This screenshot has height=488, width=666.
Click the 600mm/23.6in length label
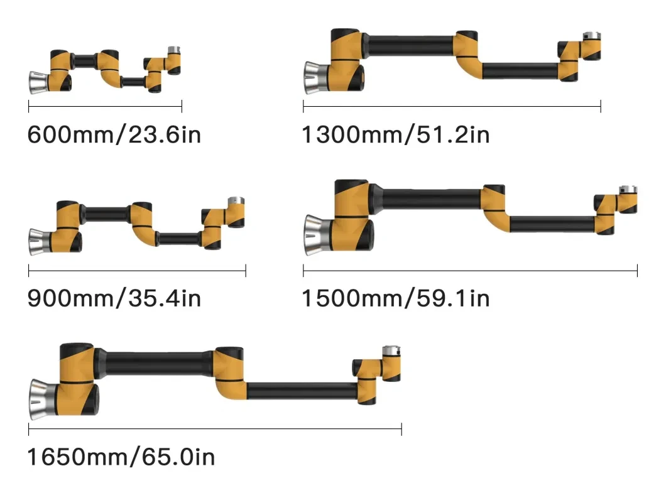114,134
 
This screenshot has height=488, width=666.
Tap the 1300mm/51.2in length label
395,134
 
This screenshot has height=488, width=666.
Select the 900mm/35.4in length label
114,298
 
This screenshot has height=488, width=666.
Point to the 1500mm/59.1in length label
395,298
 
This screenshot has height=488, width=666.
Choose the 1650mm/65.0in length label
121,457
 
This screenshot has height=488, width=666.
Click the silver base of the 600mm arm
39,82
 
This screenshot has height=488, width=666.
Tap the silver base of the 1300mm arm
317,78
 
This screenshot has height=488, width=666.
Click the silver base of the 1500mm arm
319,235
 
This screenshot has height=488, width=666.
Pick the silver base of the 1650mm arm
43,399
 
